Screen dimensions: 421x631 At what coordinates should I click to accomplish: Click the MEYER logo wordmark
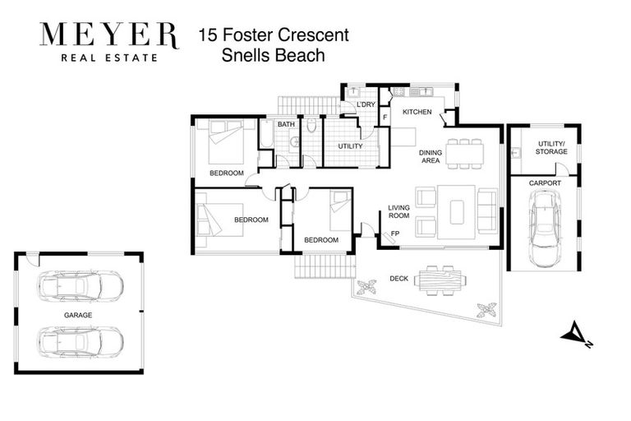(x=108, y=35)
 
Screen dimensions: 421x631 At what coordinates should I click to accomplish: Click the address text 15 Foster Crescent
(x=274, y=35)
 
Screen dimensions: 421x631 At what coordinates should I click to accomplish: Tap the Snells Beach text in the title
(x=274, y=56)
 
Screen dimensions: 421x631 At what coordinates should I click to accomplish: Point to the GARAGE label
(x=78, y=315)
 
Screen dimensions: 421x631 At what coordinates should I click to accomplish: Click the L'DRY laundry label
(x=366, y=104)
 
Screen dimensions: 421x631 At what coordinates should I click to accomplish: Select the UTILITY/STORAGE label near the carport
(x=551, y=147)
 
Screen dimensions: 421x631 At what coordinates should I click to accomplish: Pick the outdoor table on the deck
(x=440, y=280)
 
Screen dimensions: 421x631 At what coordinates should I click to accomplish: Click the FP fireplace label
(x=395, y=234)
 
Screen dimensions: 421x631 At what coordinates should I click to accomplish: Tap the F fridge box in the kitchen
(x=385, y=118)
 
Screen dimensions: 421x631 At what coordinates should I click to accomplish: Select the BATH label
(x=285, y=124)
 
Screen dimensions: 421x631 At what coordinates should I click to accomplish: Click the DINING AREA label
(x=431, y=156)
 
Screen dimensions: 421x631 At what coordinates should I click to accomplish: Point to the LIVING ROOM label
(x=398, y=212)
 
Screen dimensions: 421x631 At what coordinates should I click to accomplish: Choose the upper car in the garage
(x=80, y=286)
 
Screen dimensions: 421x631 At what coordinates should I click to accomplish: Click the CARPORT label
(x=545, y=183)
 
